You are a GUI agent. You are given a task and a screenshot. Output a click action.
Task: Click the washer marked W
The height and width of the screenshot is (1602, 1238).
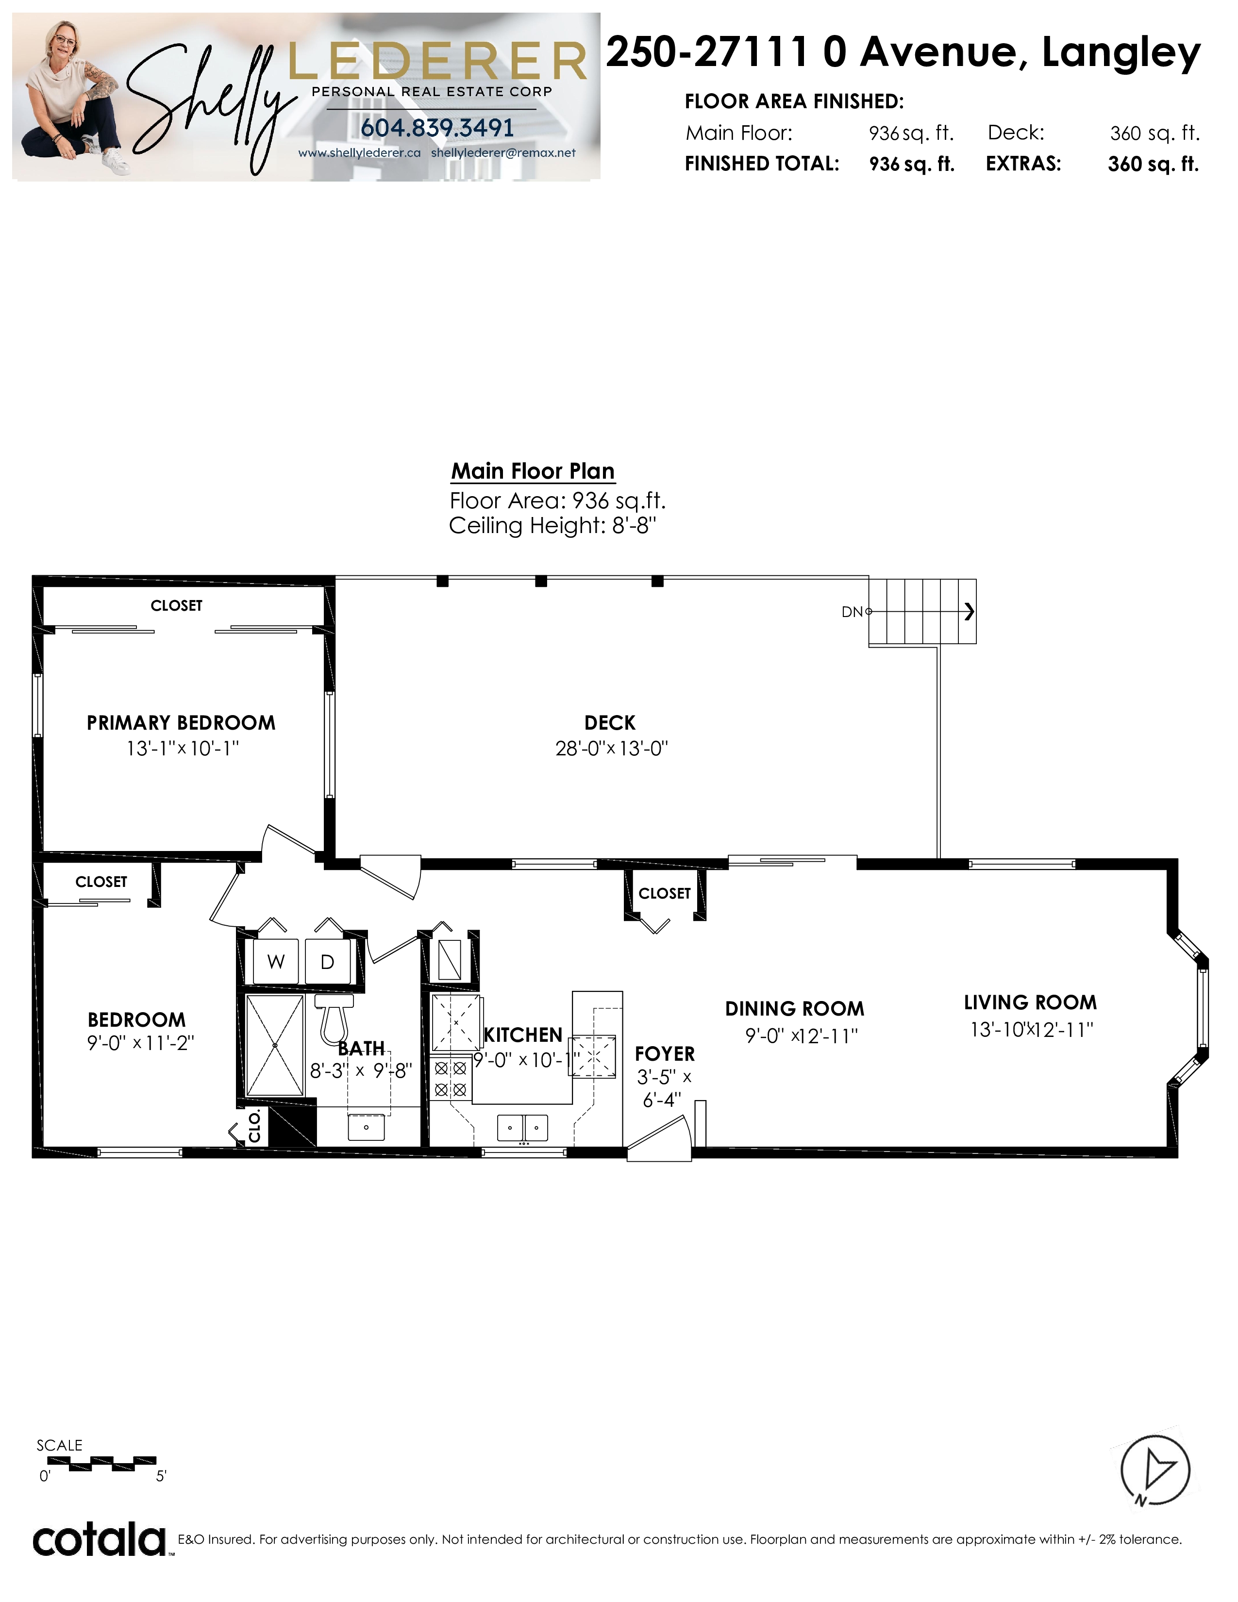point(276,961)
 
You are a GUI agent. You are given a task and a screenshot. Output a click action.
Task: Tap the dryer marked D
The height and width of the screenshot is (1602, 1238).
point(327,961)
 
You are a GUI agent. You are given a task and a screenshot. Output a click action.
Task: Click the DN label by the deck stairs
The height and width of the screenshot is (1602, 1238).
point(852,612)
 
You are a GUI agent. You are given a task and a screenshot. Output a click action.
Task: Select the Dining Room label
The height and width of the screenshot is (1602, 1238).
point(795,1009)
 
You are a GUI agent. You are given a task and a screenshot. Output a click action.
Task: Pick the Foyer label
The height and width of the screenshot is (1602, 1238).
point(665,1053)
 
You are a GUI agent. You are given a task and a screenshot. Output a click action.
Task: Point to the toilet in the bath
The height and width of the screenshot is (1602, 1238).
point(335,1016)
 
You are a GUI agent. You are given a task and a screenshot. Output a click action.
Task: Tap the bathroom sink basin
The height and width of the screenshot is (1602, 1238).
point(366,1127)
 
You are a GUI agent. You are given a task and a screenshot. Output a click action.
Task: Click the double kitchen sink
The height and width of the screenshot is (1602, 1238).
point(523,1127)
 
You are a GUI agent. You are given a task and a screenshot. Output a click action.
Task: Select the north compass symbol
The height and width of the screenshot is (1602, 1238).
point(1155,1471)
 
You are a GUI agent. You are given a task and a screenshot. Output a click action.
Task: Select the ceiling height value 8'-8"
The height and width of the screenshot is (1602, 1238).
point(635,525)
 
